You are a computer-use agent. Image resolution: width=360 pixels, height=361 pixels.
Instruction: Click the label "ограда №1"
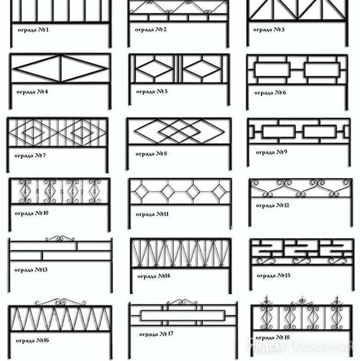(33, 30)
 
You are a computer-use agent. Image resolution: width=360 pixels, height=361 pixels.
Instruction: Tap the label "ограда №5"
(152, 91)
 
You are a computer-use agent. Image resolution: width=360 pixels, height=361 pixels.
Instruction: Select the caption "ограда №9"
(271, 152)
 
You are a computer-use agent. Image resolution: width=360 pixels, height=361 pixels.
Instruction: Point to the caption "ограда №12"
(272, 205)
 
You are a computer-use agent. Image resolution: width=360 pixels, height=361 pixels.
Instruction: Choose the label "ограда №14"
(154, 276)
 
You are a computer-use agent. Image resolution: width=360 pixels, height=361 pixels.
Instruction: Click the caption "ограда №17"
(156, 334)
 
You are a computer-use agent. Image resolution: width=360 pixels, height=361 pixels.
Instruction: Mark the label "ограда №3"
(269, 29)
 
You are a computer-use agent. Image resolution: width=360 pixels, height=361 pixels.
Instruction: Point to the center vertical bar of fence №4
(61, 69)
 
